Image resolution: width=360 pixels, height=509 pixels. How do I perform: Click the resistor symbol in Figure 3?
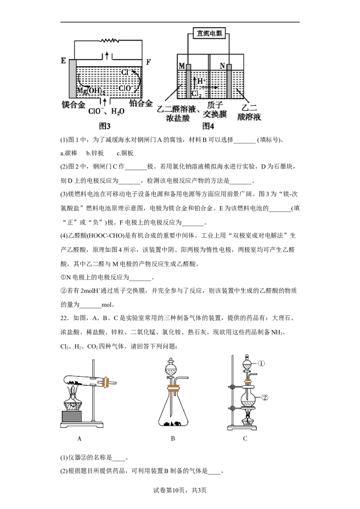click(108, 40)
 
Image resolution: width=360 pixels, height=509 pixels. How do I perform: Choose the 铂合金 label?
click(140, 103)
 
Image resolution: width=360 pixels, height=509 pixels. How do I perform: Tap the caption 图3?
click(105, 126)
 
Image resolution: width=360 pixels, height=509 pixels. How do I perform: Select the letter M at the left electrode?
click(181, 66)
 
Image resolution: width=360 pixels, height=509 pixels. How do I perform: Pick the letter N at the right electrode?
click(222, 66)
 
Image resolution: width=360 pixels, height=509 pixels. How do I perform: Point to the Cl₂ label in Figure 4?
click(196, 94)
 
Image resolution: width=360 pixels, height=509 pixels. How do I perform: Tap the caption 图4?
click(208, 126)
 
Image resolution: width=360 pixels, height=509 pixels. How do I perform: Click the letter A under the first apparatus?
click(80, 439)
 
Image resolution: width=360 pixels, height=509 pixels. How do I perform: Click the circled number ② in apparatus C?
click(265, 397)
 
